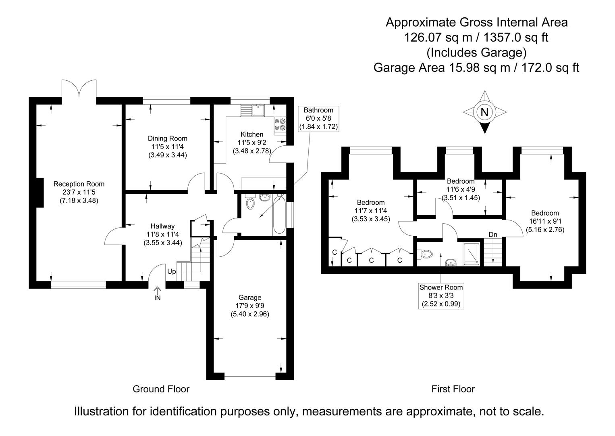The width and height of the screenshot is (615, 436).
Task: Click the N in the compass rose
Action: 484,113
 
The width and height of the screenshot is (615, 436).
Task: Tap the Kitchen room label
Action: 252,134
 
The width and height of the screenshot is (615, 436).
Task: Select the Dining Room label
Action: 167,138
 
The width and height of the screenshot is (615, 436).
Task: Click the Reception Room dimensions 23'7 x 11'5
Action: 79,192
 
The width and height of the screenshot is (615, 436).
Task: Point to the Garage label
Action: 250,298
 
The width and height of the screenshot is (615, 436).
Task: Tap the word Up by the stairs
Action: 172,272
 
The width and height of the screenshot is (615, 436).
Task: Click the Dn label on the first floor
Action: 492,235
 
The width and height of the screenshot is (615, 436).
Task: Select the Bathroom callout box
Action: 318,118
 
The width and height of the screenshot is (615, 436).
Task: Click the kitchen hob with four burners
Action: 280,124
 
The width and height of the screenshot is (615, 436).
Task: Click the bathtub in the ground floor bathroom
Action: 279,214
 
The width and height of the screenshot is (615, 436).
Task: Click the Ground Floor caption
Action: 161,389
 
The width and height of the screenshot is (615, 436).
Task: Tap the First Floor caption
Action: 453,389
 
